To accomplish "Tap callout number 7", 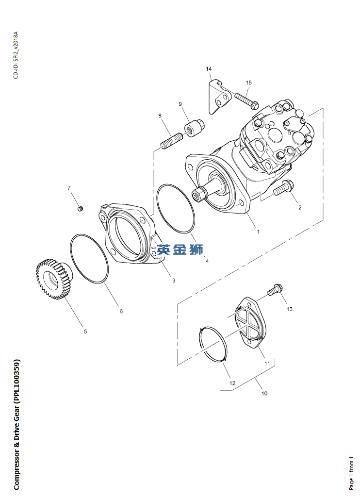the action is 69,188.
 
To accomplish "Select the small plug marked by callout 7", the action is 81,209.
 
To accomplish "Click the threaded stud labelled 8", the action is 171,141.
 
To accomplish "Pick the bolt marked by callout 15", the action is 247,100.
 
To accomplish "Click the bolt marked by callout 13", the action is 275,290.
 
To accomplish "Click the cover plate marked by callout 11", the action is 252,323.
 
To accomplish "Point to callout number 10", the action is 264,393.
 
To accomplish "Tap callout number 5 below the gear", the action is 85,331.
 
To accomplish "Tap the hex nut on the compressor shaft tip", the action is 198,194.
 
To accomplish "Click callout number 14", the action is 209,69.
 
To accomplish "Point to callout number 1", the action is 258,232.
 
